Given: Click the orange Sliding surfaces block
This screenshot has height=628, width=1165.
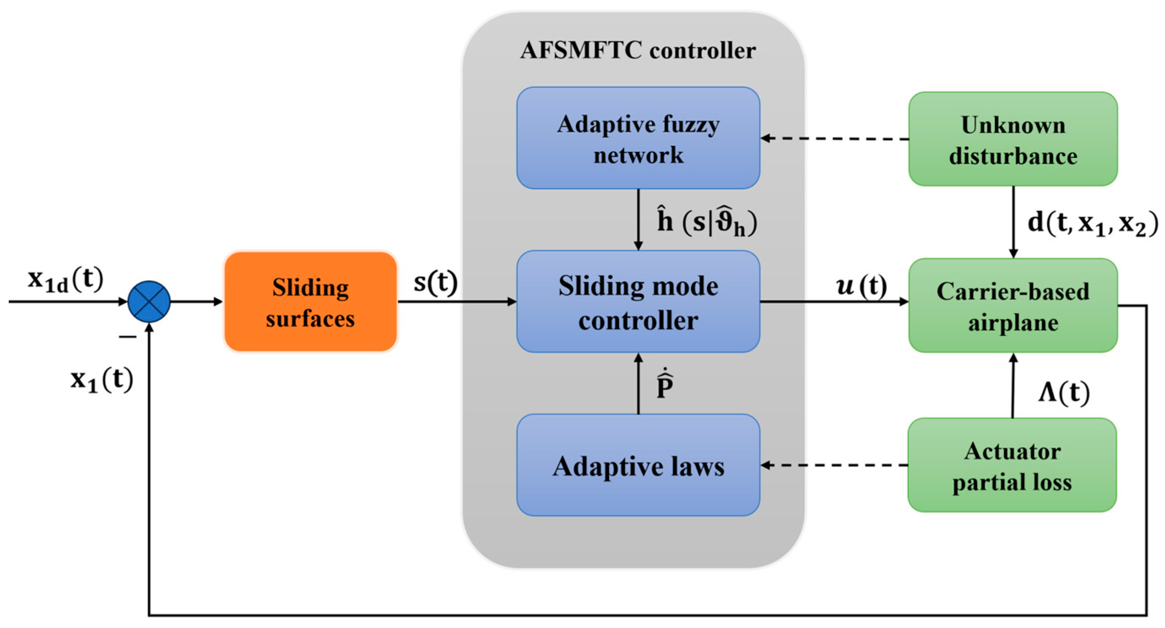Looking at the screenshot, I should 311,302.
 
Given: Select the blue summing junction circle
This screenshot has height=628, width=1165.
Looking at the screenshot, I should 149,302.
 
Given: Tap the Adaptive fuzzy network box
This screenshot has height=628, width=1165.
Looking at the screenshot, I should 638,138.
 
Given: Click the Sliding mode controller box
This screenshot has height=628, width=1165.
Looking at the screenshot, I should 638,302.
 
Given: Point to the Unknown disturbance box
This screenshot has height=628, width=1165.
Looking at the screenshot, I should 1013,139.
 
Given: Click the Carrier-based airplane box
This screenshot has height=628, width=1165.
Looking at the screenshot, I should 1013,305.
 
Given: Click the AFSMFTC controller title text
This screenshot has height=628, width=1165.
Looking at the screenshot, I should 638,50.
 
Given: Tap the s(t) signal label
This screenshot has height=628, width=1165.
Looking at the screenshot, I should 436,283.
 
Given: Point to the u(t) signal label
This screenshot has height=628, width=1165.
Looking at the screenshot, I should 862,286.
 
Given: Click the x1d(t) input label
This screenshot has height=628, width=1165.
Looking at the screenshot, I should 65,279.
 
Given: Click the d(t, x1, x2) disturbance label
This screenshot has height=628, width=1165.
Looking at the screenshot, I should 1092,223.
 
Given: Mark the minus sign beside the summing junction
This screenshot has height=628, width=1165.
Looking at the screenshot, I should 128,337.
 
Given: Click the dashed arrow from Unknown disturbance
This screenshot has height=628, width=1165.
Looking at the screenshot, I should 834,138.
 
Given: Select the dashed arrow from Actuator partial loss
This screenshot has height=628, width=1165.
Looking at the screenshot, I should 834,465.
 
